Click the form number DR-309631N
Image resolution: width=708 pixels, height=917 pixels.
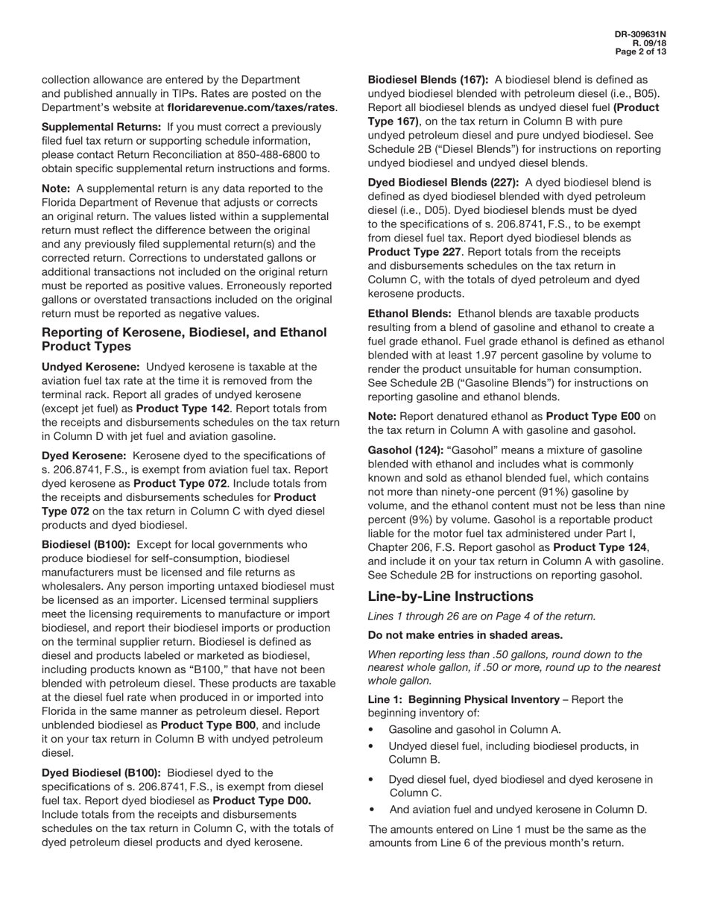coord(640,34)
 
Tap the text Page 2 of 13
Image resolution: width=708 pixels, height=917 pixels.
coord(640,52)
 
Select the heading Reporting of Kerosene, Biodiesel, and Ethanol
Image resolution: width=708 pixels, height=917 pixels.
coord(184,333)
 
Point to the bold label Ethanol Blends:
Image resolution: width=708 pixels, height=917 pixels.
coord(410,314)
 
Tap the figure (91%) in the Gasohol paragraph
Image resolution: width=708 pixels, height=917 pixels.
coord(511,492)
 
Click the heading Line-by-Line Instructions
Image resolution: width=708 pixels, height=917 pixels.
coord(450,596)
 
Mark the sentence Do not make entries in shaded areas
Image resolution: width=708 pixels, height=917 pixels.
coord(465,635)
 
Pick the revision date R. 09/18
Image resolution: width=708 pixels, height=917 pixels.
coord(649,43)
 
